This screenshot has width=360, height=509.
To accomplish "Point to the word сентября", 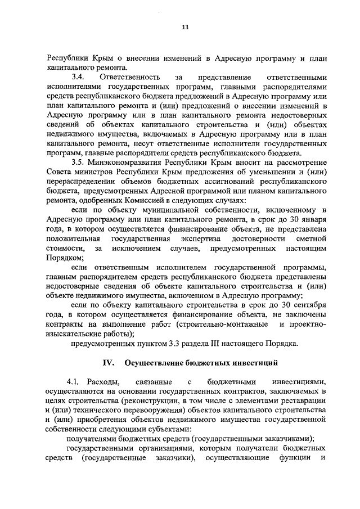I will coord(310,305).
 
